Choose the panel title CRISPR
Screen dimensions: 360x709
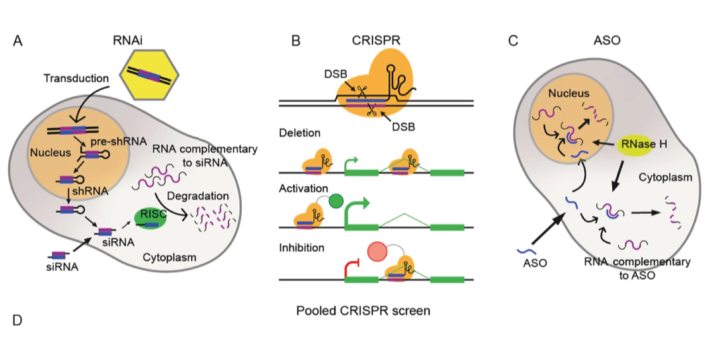click(x=376, y=41)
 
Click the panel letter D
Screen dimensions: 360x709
click(x=17, y=320)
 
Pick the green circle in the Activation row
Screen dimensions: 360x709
click(x=336, y=201)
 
